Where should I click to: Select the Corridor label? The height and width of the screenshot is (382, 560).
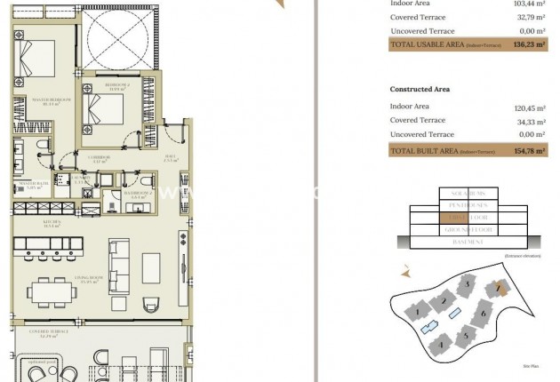tap(99, 158)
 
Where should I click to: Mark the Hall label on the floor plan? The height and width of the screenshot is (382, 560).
tap(170, 158)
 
